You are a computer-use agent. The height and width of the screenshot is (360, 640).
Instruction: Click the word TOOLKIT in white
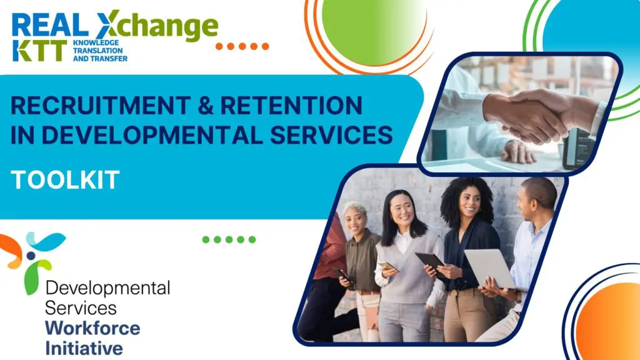coord(65,180)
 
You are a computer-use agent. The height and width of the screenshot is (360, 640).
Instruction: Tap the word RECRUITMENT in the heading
coord(101,105)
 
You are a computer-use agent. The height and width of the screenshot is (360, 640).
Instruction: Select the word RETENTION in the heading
coord(291,105)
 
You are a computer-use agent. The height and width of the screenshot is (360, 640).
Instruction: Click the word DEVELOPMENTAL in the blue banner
coord(152,135)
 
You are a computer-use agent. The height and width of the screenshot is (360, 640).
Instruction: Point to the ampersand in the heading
coord(205,105)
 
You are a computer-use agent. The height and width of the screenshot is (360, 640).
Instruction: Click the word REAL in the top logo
coord(50,25)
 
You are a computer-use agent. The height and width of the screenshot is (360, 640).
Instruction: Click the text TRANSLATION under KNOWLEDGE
coord(98,51)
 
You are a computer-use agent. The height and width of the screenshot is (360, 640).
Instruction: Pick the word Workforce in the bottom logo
coord(92,328)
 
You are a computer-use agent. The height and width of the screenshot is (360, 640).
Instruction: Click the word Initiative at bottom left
coord(84,348)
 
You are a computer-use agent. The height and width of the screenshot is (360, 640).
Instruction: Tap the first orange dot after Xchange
coord(219,46)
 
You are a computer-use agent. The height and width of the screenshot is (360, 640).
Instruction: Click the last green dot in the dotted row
coord(252,239)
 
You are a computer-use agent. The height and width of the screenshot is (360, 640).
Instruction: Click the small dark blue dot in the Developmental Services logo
coord(31,256)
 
